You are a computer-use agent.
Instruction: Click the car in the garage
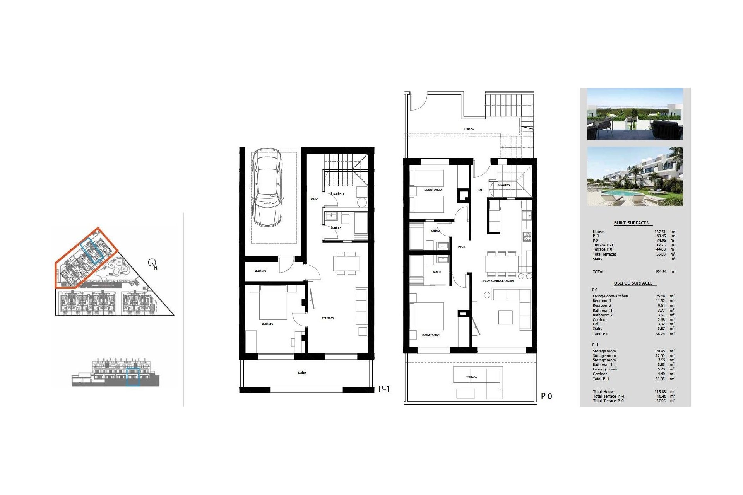click(267, 188)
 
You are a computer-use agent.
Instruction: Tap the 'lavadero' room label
click(337, 194)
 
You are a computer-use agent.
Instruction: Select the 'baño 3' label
click(336, 228)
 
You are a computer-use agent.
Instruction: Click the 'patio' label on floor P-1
click(302, 372)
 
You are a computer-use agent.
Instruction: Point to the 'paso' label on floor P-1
click(314, 198)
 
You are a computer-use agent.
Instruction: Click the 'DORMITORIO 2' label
click(433, 190)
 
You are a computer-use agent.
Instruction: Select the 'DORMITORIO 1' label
click(431, 335)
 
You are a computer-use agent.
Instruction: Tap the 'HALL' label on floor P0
click(480, 190)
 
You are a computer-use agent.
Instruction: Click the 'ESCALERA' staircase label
click(503, 185)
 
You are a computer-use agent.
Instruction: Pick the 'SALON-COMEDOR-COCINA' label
click(498, 281)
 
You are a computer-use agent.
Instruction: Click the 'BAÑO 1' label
click(437, 272)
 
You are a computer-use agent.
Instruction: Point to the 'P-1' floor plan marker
click(384, 389)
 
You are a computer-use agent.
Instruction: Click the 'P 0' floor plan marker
click(546, 396)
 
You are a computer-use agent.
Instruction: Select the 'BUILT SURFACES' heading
click(631, 223)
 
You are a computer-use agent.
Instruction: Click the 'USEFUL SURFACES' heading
click(633, 283)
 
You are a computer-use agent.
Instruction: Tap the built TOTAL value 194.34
click(661, 272)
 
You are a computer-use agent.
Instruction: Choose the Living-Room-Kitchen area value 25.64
click(660, 296)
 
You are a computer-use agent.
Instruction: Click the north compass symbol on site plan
click(152, 263)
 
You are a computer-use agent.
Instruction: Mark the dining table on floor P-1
click(346, 263)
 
